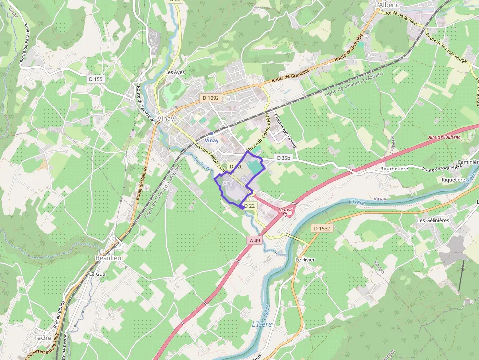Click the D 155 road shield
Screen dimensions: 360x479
pyautogui.click(x=96, y=79)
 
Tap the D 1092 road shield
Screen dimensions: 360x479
pyautogui.click(x=211, y=98)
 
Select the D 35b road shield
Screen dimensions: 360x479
pyautogui.click(x=283, y=158)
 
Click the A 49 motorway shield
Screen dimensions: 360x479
pyautogui.click(x=254, y=240)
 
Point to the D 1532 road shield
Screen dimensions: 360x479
pyautogui.click(x=322, y=228)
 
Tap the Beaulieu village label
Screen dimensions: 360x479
pyautogui.click(x=108, y=257)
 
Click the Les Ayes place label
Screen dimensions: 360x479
pyautogui.click(x=175, y=72)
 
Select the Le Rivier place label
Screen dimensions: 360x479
pyautogui.click(x=305, y=260)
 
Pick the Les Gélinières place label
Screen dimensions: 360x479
pyautogui.click(x=433, y=220)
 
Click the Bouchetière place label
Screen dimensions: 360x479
pyautogui.click(x=394, y=169)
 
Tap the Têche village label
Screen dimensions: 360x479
pyautogui.click(x=43, y=338)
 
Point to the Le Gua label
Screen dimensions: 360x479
pyautogui.click(x=97, y=275)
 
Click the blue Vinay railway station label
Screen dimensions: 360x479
pyautogui.click(x=212, y=141)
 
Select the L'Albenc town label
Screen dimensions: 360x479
pyautogui.click(x=388, y=5)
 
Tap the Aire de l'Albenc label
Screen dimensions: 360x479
pyautogui.click(x=444, y=137)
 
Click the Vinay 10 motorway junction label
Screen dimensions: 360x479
pyautogui.click(x=284, y=212)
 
